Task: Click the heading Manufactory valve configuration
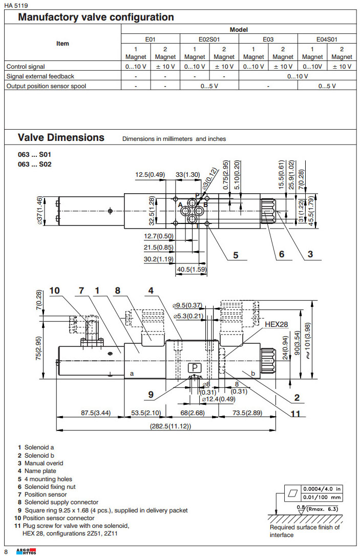pyautogui.click(x=96, y=17)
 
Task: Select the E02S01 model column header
pyautogui.click(x=209, y=39)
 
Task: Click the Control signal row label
pyautogui.click(x=26, y=67)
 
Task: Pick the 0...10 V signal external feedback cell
pyautogui.click(x=298, y=76)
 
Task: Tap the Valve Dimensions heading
pyautogui.click(x=61, y=137)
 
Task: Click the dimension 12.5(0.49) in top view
pyautogui.click(x=150, y=175)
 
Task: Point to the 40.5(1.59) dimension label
pyautogui.click(x=192, y=269)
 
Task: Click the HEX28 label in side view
pyautogui.click(x=277, y=324)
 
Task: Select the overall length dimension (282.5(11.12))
pyautogui.click(x=170, y=426)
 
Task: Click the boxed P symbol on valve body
pyautogui.click(x=196, y=368)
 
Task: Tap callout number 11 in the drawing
pyautogui.click(x=295, y=414)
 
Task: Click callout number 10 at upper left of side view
pyautogui.click(x=54, y=291)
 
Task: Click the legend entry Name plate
pyautogui.click(x=40, y=471)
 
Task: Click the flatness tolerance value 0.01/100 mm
pyautogui.click(x=323, y=497)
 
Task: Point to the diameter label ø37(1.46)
pyautogui.click(x=39, y=211)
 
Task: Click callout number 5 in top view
pyautogui.click(x=236, y=255)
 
